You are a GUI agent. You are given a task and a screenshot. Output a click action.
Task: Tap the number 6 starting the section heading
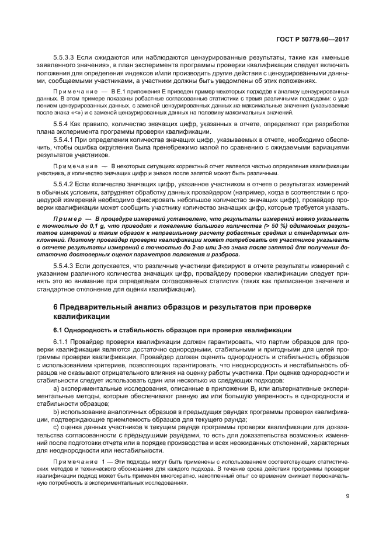click(x=55, y=307)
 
